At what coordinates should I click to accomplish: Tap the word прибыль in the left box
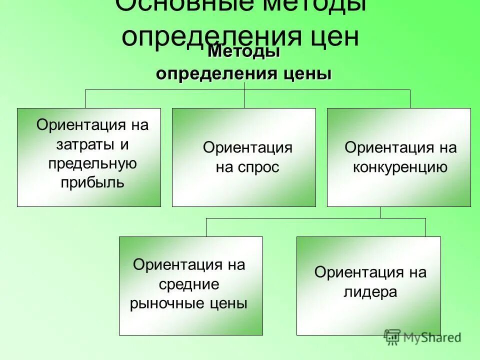[92, 182]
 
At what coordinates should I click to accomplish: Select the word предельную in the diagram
[92, 163]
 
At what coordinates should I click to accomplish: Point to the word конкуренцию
[400, 166]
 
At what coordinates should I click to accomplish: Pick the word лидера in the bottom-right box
[370, 291]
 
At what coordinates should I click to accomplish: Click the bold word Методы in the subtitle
[243, 51]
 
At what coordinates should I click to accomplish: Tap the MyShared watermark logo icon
[393, 337]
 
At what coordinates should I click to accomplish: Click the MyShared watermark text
[432, 338]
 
